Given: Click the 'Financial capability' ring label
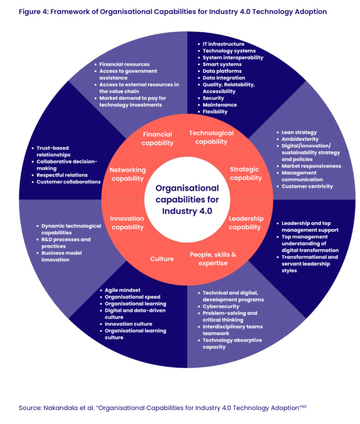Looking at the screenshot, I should coord(157,139).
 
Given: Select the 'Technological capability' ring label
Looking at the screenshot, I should coord(211,137).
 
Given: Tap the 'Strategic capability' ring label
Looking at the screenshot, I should coord(246,173).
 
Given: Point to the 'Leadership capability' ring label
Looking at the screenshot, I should coord(246,223).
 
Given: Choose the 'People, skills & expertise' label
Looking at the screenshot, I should coord(213,259).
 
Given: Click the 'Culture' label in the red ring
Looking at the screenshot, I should coord(162,259).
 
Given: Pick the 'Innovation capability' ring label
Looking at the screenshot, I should coord(127,223).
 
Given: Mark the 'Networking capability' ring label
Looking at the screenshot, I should coord(127,174).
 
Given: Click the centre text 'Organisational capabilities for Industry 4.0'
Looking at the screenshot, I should coord(187,199).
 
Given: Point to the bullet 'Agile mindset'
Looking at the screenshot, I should coord(122,290).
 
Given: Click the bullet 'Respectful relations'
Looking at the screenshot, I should coord(62,175).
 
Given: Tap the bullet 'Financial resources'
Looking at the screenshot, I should coord(125,64).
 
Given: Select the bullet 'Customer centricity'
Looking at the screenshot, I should coord(307,186).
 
